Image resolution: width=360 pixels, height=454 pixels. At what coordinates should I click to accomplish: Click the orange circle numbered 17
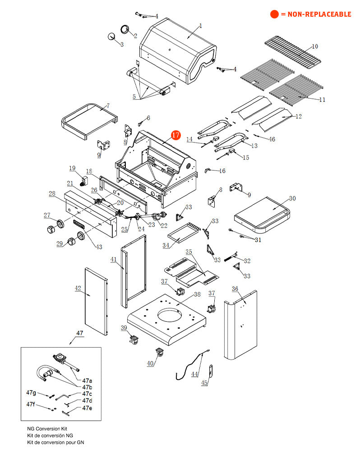coord(175,135)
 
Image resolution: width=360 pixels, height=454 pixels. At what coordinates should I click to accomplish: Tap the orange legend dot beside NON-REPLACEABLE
coord(274,14)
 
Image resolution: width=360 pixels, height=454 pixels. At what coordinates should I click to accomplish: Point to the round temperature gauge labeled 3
coord(111,37)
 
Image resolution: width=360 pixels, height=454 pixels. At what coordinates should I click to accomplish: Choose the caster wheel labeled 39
coord(134,341)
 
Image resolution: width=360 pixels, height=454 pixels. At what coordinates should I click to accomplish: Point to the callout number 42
coord(78,289)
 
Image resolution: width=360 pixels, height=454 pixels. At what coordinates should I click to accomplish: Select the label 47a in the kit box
coord(87,381)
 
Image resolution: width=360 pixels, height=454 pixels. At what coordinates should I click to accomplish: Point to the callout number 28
coord(52,194)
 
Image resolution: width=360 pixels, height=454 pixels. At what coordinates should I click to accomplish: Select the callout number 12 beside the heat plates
coord(298,117)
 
